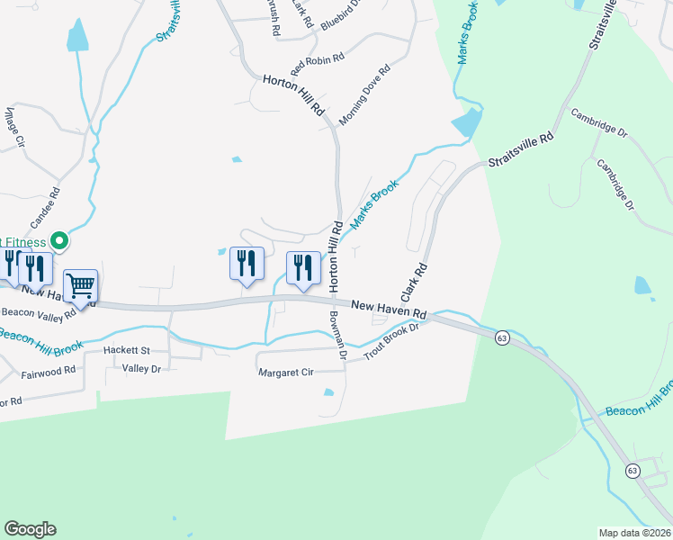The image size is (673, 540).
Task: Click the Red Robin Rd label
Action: click(x=318, y=65)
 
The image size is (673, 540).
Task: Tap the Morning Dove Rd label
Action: click(x=364, y=94)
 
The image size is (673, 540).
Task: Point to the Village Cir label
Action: click(x=18, y=130)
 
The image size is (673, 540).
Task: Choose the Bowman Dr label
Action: click(x=338, y=335)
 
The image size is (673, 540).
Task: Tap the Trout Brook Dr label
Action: click(x=391, y=341)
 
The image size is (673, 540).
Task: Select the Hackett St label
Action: click(x=126, y=349)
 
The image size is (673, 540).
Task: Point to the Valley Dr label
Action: click(x=141, y=368)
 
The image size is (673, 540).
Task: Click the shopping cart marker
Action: click(x=81, y=286)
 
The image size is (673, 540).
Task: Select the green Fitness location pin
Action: click(x=59, y=240)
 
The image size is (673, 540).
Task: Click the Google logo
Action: click(x=30, y=529)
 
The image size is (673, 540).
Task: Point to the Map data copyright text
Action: click(x=633, y=533)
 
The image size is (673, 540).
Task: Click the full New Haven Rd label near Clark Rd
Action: click(x=389, y=309)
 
